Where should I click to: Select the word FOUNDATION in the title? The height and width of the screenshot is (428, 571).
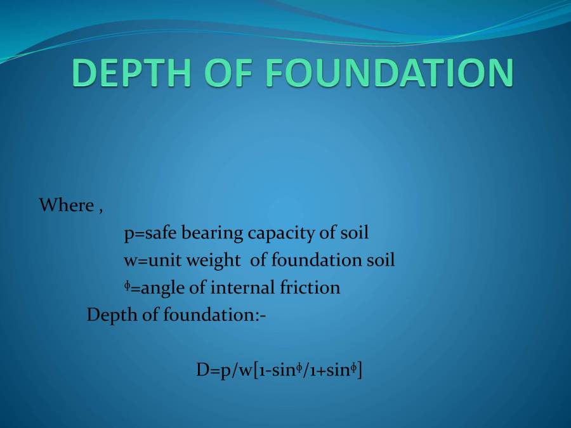point(390,73)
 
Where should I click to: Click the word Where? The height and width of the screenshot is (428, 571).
point(66,205)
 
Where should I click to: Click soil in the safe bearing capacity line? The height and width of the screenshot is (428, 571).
point(354,233)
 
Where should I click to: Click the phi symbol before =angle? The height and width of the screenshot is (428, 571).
point(127,287)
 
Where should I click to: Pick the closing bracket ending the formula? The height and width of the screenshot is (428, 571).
point(360,372)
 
